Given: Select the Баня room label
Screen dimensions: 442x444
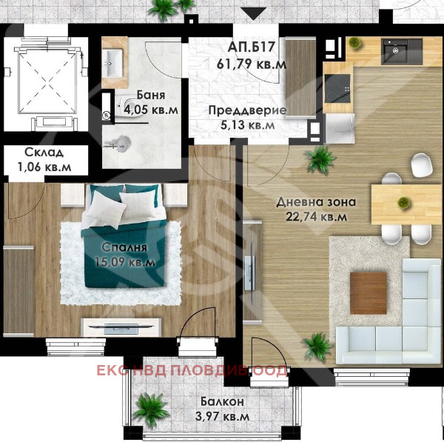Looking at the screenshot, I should click(x=149, y=96).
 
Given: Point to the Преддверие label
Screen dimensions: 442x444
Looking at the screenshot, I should click(x=246, y=111).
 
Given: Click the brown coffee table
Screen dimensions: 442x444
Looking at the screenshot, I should click(x=369, y=292).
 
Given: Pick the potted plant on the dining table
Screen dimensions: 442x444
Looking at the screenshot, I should click(x=403, y=202).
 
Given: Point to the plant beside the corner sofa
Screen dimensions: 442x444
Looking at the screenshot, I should click(x=317, y=345).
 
